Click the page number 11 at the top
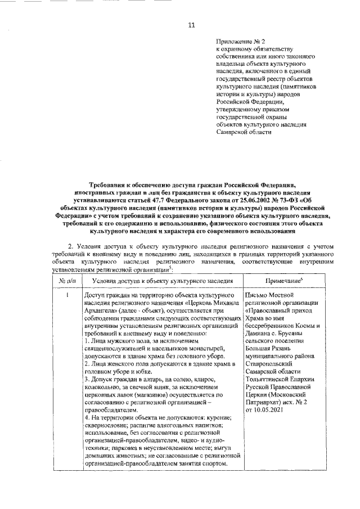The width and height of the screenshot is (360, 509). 191,25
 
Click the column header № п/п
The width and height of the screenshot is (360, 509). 67,280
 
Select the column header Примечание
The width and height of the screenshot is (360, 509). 281,280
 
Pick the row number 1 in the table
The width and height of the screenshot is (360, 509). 67,295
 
